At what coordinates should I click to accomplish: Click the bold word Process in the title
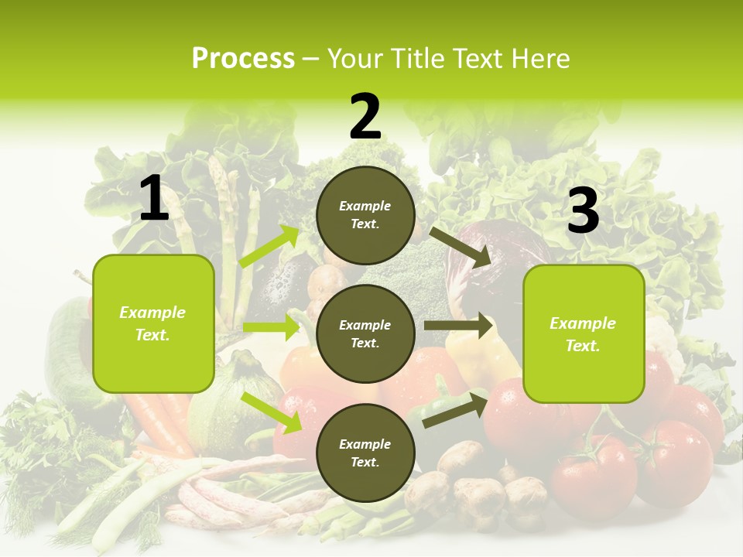[243, 59]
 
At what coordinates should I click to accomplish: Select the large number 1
[154, 199]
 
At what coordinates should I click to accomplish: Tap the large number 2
[365, 117]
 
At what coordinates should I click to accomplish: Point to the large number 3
[584, 210]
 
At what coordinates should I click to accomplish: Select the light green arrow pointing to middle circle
[271, 326]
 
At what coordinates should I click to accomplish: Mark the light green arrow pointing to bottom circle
[272, 412]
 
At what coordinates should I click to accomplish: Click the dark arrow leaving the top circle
[461, 247]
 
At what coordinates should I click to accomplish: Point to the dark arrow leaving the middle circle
[458, 326]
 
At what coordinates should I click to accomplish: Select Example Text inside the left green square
[152, 323]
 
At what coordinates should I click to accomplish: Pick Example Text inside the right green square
[583, 334]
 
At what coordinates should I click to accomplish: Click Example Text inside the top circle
[365, 215]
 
